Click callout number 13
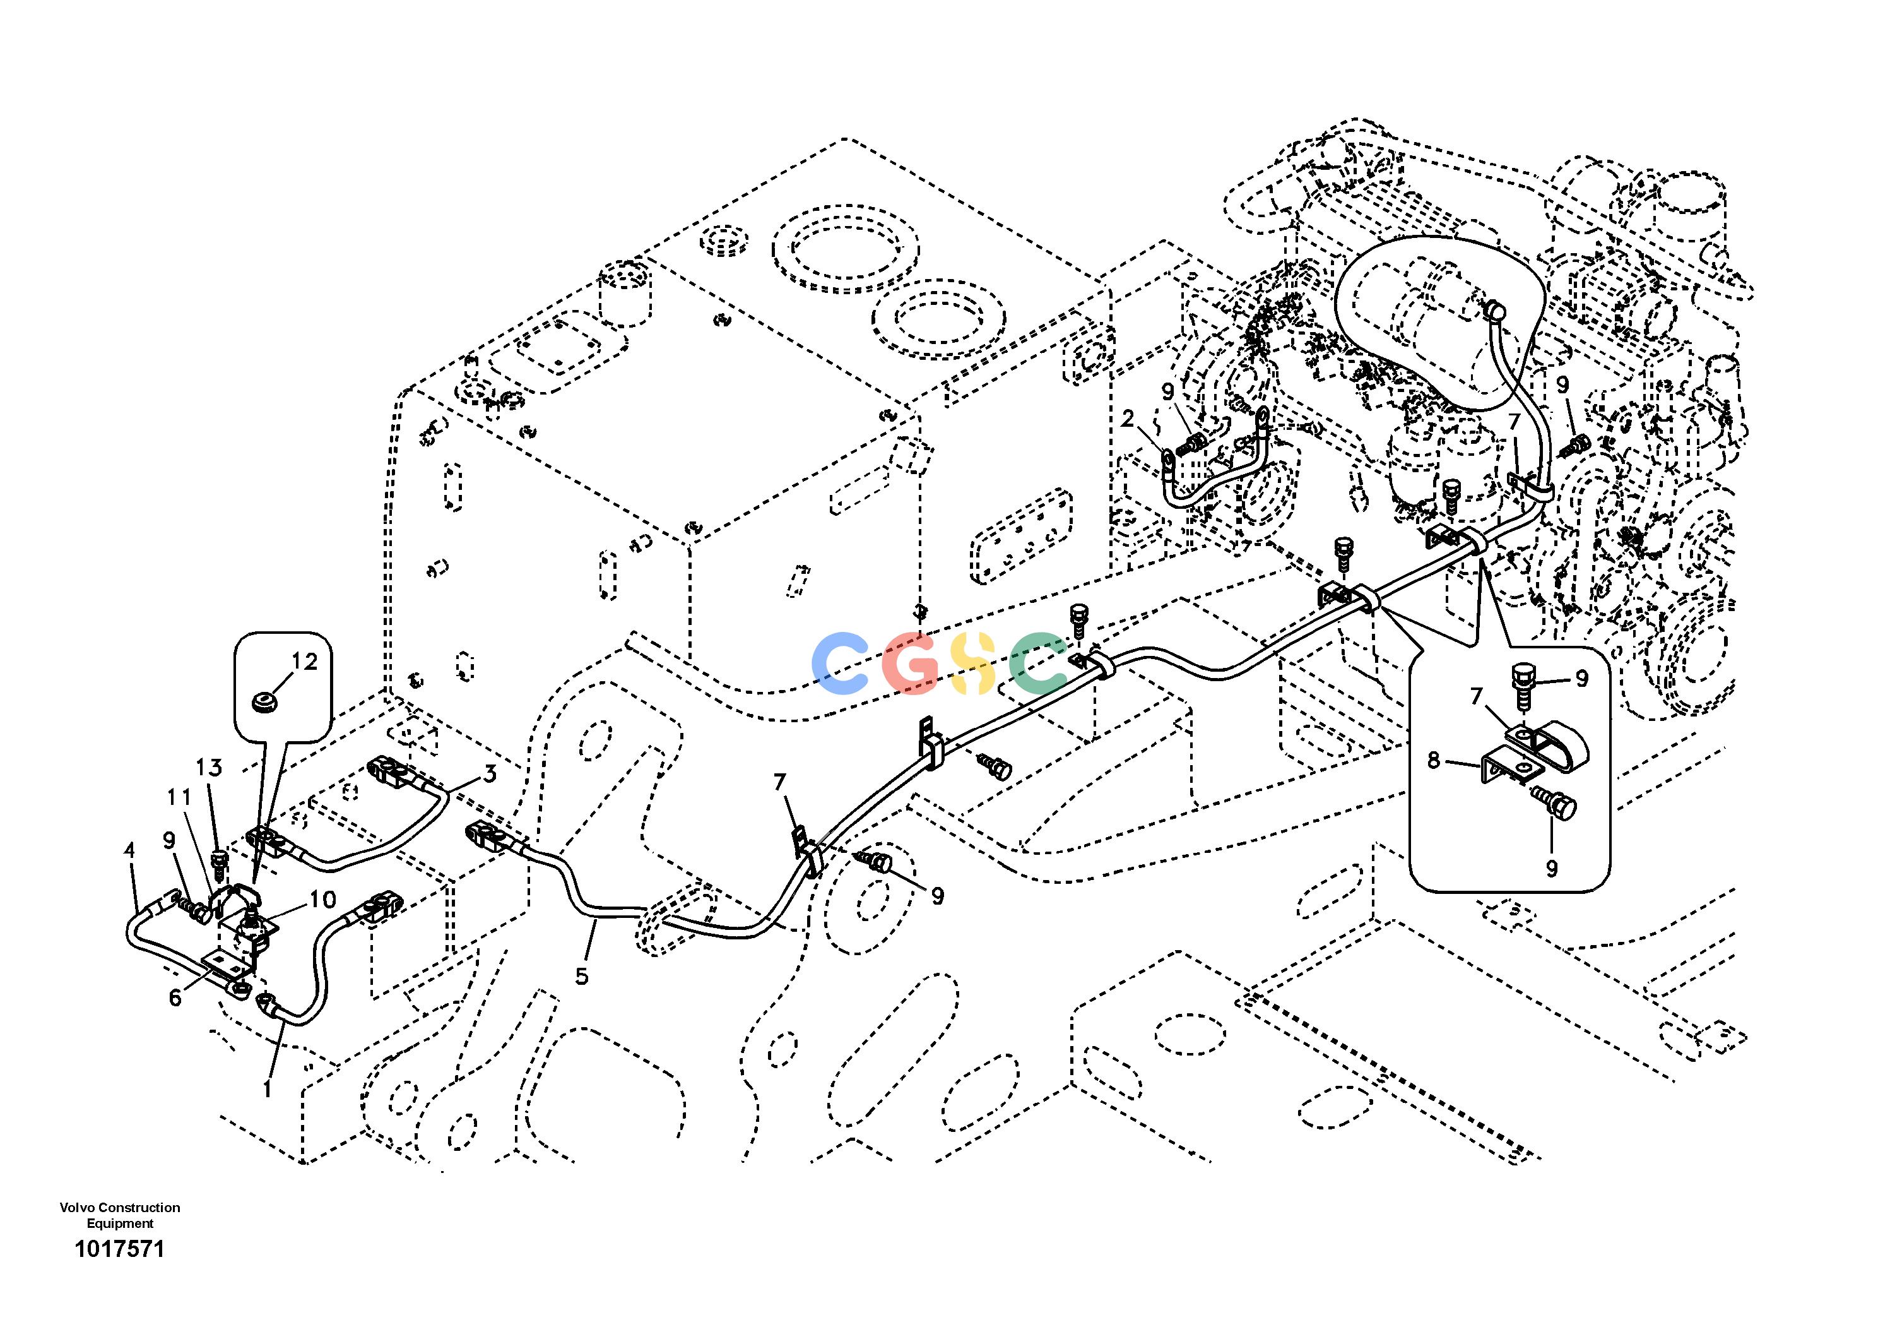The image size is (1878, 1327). coord(209,768)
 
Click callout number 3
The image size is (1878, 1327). coord(489,773)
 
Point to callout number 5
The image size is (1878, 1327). coord(582,976)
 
